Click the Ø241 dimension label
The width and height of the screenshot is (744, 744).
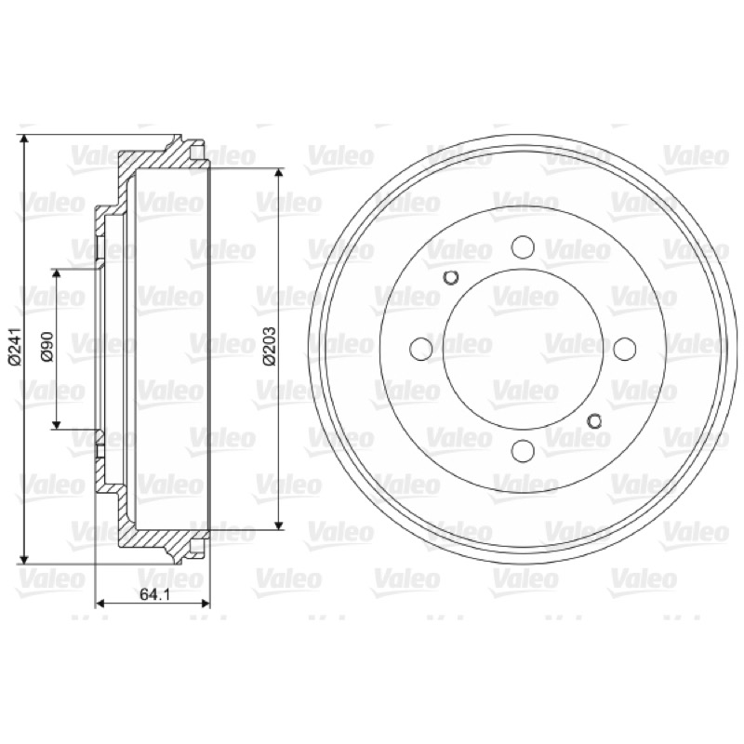point(15,347)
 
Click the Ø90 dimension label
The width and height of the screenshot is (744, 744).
point(47,347)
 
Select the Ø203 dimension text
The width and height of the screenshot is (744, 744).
point(269,346)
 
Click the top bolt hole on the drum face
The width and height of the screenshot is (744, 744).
point(523,246)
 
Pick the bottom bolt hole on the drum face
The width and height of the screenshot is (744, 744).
point(523,450)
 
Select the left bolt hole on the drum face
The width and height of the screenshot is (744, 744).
point(421,349)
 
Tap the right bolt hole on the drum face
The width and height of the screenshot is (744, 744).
point(624,349)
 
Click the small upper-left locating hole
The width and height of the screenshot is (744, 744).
point(451,277)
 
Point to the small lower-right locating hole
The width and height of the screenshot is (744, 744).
point(594,420)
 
